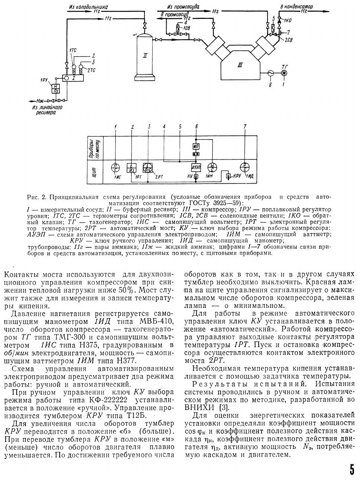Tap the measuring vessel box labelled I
[x=74, y=78]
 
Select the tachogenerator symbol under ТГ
[x=284, y=73]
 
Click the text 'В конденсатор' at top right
[x=296, y=7]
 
